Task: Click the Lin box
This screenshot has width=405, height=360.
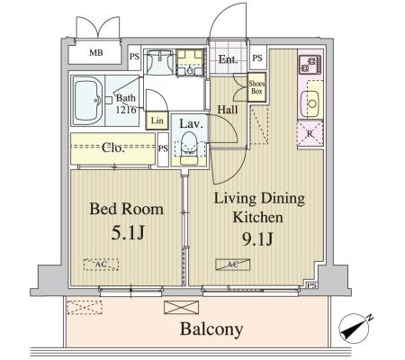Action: [157, 121]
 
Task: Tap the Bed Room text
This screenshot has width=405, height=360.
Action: [126, 210]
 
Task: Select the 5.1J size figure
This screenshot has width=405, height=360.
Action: [126, 234]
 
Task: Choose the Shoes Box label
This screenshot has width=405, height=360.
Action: [256, 87]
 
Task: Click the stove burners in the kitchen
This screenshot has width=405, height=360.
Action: [309, 65]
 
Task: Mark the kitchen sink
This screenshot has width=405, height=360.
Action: [311, 103]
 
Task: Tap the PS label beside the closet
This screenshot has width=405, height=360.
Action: [164, 148]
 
